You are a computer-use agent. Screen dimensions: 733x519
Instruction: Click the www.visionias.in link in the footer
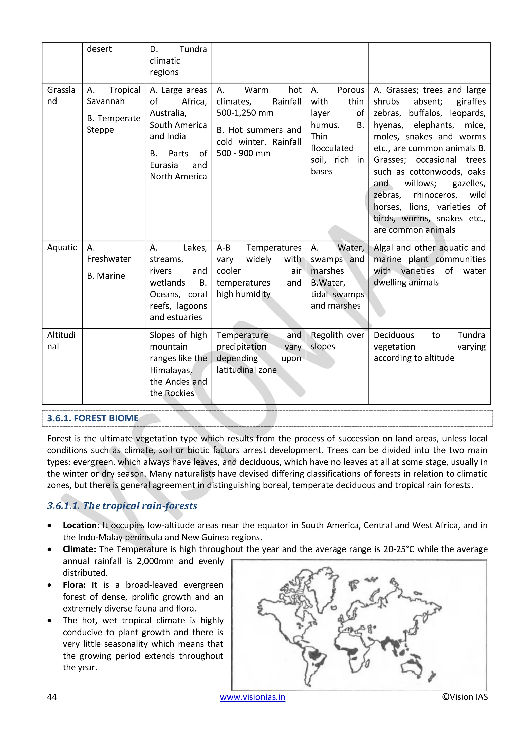coord(252,697)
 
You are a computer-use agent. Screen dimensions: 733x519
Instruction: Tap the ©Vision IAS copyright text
coord(465,697)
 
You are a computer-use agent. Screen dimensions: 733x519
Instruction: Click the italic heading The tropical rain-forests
coord(122,506)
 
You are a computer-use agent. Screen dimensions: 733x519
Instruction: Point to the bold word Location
coord(80,525)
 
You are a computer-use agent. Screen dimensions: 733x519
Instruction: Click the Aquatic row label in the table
coord(62,248)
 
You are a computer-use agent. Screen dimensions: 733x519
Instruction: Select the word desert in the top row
coord(99,49)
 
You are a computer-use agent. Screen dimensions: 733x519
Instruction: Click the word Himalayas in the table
coord(170,370)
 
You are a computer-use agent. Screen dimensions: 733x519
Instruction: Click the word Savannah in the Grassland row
coord(105,101)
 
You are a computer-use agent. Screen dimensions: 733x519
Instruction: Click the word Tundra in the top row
coord(193,49)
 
